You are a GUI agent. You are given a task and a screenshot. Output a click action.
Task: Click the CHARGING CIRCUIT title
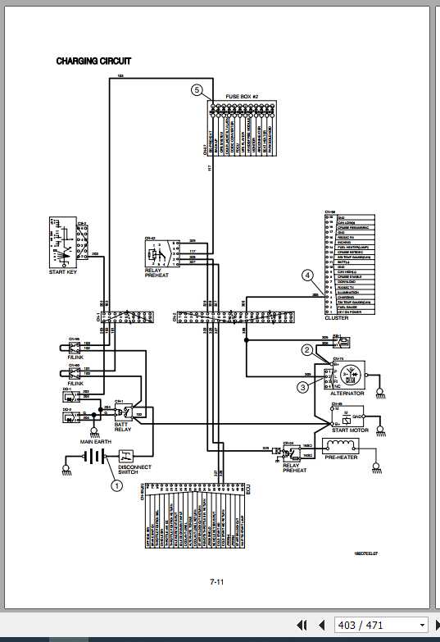point(93,61)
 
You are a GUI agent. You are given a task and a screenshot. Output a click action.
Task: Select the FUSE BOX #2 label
point(243,97)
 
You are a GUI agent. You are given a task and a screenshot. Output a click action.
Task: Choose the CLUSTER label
point(337,317)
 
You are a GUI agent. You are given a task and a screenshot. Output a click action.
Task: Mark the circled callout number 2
point(307,350)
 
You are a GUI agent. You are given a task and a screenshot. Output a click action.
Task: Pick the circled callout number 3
point(302,386)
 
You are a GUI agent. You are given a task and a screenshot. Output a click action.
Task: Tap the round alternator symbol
point(352,375)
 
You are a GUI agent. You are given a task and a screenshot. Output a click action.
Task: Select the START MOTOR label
point(350,429)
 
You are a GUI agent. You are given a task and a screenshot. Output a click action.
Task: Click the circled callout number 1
point(116,485)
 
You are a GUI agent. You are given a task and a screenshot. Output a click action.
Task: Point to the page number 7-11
point(217,581)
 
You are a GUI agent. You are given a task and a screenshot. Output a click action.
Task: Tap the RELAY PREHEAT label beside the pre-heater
point(295,467)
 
